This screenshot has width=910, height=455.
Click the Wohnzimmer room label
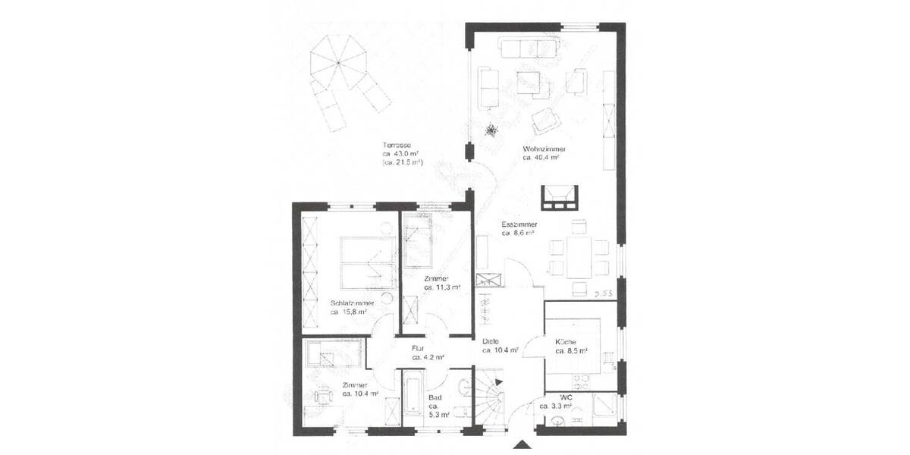(x=544, y=149)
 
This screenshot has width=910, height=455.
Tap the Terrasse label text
(x=397, y=145)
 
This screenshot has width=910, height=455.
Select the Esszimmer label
(x=519, y=225)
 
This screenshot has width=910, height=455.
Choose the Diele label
(x=491, y=340)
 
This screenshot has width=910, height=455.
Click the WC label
(x=566, y=397)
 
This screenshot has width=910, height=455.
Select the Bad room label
(x=435, y=397)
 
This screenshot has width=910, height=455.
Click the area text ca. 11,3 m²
(x=442, y=288)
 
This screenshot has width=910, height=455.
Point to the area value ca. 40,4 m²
(x=541, y=158)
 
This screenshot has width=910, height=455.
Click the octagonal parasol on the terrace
(x=338, y=61)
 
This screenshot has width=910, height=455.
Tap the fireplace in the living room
(x=560, y=197)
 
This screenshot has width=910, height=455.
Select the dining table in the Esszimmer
(x=579, y=257)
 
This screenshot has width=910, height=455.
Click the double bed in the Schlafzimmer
(x=367, y=262)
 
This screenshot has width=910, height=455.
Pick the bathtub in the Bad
(x=413, y=399)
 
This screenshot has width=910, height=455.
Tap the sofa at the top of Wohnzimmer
(x=528, y=48)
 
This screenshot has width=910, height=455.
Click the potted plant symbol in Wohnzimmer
(x=491, y=131)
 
